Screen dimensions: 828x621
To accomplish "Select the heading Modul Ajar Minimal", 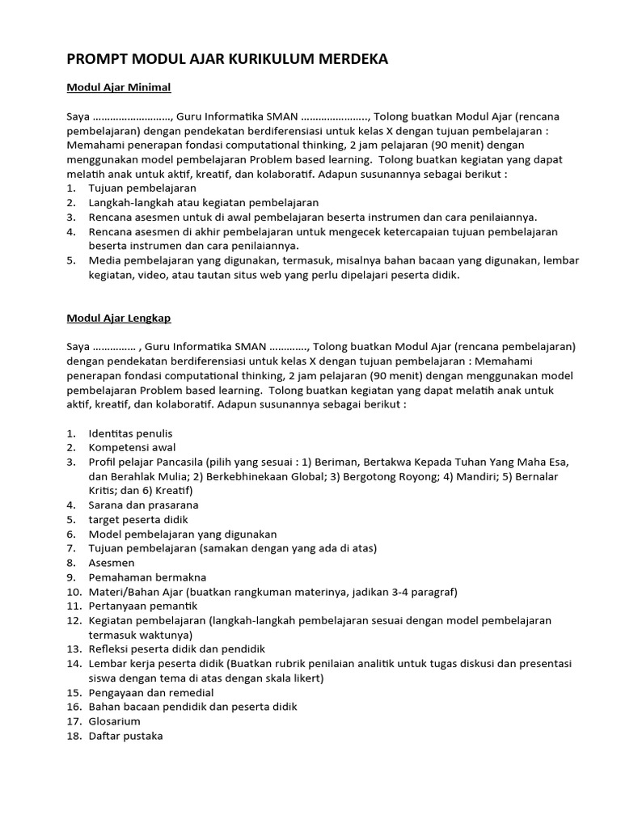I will (x=118, y=87).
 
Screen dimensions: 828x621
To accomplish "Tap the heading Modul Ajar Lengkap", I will (x=118, y=318).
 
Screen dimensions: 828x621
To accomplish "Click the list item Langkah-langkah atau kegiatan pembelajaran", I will (x=203, y=202).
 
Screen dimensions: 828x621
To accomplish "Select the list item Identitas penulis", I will (x=130, y=433).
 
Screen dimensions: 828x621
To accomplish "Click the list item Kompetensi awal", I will (x=132, y=447).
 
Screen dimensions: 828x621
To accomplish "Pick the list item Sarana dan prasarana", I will (x=143, y=505).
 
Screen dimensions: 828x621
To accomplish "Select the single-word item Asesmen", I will (x=112, y=562).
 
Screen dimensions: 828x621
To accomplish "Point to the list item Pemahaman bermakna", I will (x=147, y=577).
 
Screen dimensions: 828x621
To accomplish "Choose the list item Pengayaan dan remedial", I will (x=151, y=692).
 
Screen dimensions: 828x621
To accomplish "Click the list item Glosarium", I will (x=114, y=721).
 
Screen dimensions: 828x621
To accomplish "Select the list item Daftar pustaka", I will (x=125, y=736).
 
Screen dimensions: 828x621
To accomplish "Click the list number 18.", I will (x=74, y=736).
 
